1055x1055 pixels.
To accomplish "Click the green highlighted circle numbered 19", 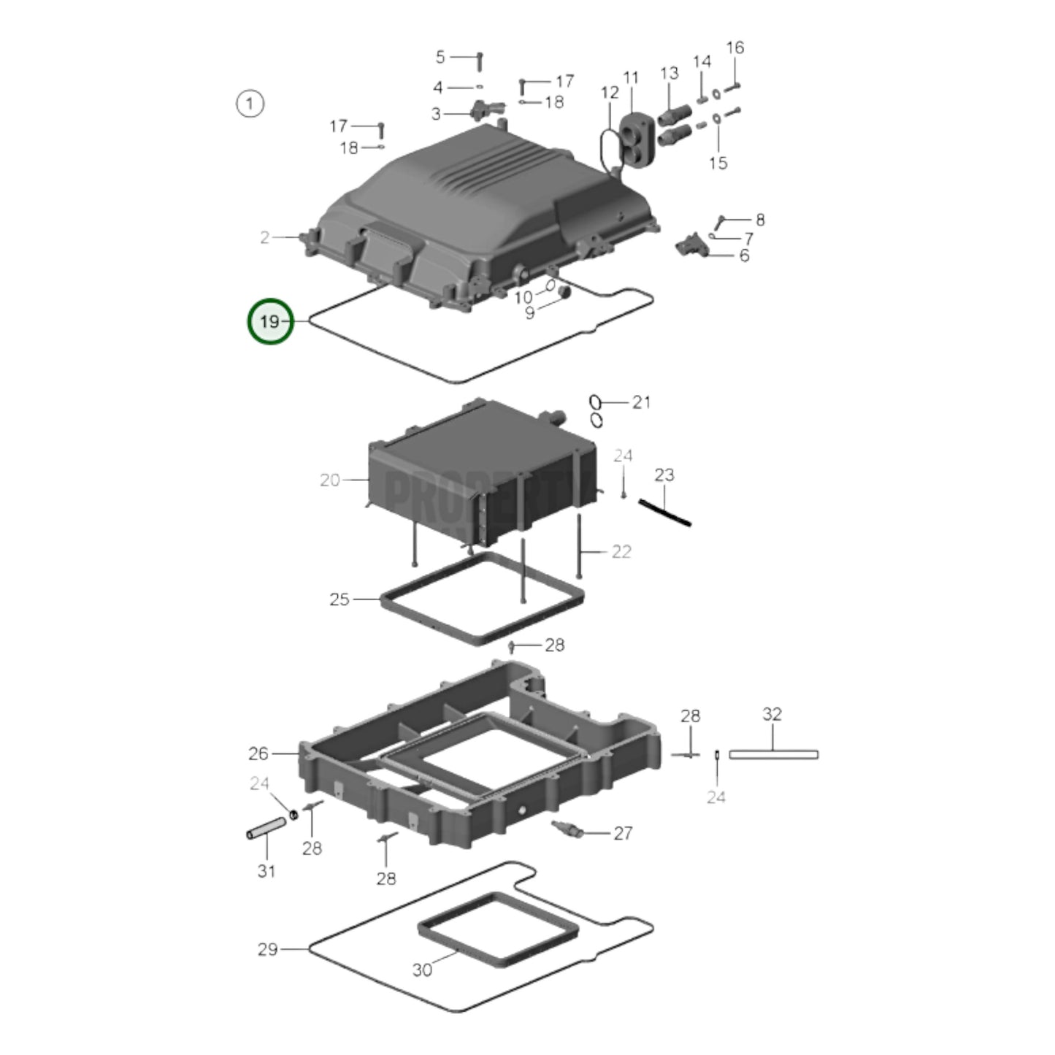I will coord(270,321).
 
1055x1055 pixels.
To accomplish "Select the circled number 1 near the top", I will coord(250,104).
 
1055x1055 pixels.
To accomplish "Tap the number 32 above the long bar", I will coord(772,714).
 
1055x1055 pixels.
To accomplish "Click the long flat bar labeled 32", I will coord(773,754).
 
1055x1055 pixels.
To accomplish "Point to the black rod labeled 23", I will coord(664,512).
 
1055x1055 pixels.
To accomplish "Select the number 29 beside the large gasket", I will coord(267,949).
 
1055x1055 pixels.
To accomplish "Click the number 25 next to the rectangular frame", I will coord(339,599).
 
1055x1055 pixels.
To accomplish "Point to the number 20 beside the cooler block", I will coord(330,480).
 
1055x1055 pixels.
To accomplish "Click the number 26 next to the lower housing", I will coord(258,753).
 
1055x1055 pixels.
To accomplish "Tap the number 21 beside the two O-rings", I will coord(641,402).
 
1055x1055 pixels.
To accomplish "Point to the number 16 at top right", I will coord(735,47).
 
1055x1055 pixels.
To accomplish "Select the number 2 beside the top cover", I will coord(265,237).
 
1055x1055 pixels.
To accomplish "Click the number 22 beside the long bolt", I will coord(621,551).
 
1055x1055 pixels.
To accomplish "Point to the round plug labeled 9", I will coord(564,293).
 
